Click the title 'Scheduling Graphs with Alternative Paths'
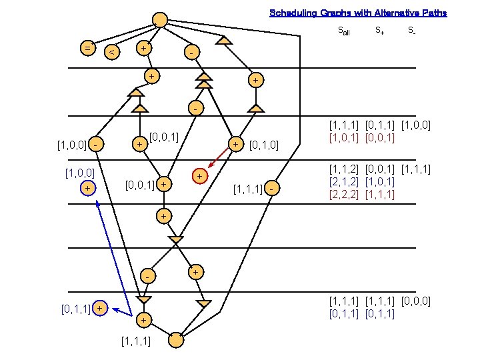point(358,13)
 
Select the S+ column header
point(379,30)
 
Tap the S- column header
point(412,30)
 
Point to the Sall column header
point(344,31)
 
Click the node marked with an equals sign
point(87,48)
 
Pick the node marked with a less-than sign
point(113,52)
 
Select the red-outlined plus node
point(199,175)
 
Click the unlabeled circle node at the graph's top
point(160,21)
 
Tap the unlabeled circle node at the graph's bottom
point(176,339)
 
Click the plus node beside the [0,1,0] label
point(236,144)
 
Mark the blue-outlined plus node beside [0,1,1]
point(99,308)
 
